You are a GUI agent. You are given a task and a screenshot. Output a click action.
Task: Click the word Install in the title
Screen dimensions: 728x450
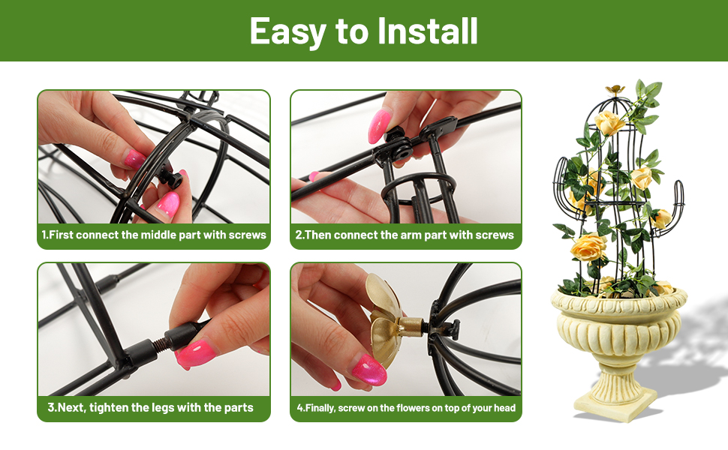point(427,31)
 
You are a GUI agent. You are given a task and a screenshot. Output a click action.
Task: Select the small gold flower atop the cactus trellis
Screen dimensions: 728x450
point(615,89)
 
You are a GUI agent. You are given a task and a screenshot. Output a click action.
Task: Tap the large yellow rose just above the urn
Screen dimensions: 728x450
point(588,247)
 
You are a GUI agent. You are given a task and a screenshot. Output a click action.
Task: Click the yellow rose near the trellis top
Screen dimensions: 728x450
point(609,122)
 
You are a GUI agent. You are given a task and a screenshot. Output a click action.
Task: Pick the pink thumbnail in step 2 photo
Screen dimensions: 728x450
point(378,126)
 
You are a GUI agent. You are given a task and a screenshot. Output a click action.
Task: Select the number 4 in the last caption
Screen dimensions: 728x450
point(299,408)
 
